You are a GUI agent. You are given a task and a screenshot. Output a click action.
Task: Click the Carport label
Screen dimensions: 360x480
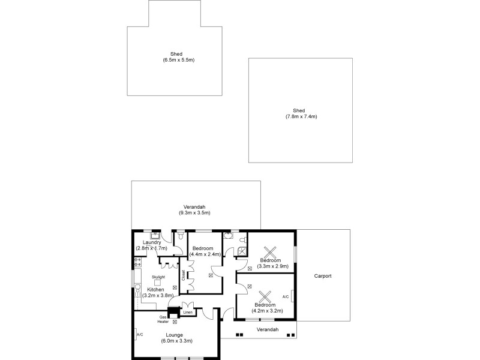pyautogui.click(x=323, y=277)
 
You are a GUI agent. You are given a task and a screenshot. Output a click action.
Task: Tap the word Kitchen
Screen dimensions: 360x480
pyautogui.click(x=155, y=290)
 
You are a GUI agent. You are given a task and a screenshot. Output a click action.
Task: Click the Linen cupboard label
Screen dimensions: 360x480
pyautogui.click(x=188, y=312)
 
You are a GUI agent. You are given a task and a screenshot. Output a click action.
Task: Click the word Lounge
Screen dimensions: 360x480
pyautogui.click(x=175, y=335)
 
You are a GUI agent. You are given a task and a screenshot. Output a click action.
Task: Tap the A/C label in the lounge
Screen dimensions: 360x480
pyautogui.click(x=139, y=334)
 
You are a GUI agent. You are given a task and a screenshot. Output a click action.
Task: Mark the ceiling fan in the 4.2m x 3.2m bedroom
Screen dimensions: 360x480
pyautogui.click(x=264, y=297)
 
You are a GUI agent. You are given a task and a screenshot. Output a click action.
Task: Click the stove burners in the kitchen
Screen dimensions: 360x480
pyautogui.click(x=137, y=262)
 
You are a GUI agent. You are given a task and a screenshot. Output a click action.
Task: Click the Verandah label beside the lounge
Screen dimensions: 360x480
pyautogui.click(x=267, y=330)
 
